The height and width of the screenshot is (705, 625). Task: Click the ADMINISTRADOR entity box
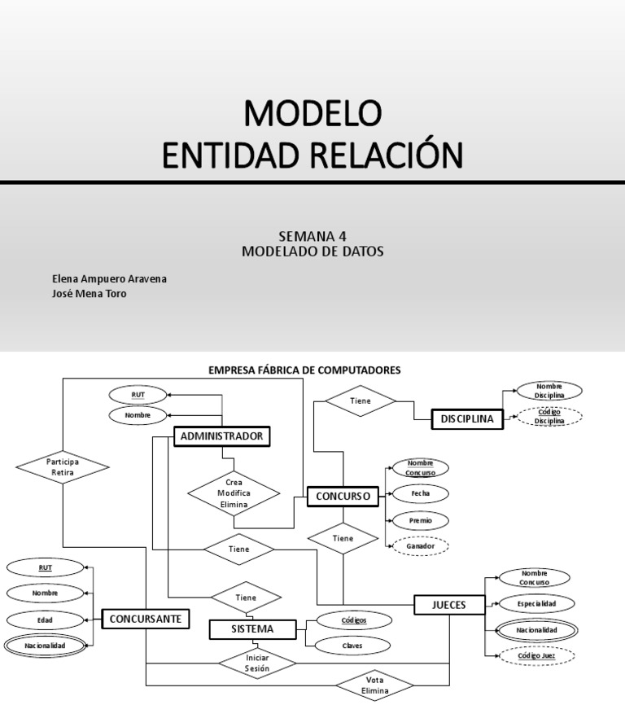[x=221, y=437]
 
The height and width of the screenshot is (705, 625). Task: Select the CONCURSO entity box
[x=343, y=495]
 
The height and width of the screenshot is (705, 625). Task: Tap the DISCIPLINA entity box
[x=467, y=419]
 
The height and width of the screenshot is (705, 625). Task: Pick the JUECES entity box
[x=450, y=605]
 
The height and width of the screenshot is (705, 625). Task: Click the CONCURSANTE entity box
[x=146, y=620]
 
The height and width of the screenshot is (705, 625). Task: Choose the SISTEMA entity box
[x=252, y=629]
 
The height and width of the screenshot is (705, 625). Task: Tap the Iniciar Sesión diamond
[x=256, y=662]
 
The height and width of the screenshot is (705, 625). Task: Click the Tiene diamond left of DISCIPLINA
[x=360, y=401]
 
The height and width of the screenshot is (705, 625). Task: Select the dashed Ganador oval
[x=420, y=545]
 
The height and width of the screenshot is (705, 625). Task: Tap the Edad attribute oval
[x=45, y=620]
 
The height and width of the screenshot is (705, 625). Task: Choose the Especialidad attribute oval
[x=536, y=604]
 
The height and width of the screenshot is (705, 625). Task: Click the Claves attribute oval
[x=353, y=646]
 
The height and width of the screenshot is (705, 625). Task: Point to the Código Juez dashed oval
[x=536, y=655]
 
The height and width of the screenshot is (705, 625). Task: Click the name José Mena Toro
[x=90, y=294]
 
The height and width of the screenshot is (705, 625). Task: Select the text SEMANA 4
[x=312, y=237]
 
